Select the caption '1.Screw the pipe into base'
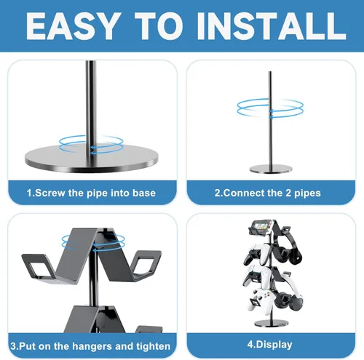[x=90, y=193]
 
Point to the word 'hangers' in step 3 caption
[x=100, y=344]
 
